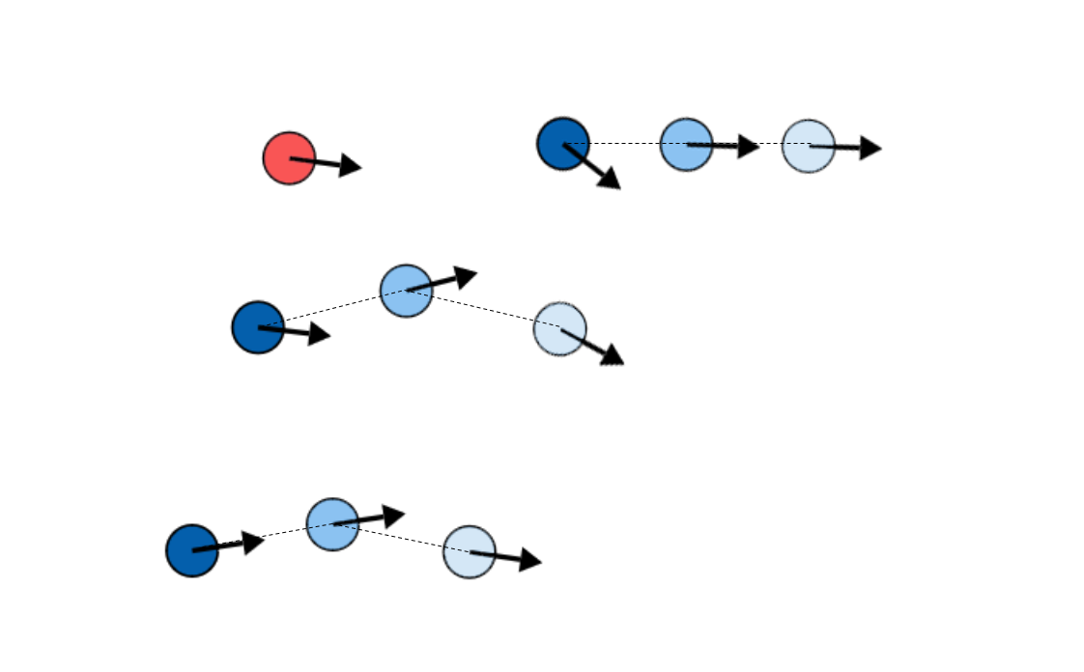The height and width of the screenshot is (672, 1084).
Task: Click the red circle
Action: point(289,158)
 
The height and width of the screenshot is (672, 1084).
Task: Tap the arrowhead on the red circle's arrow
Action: point(351,166)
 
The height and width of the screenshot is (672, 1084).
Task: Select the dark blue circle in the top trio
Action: point(563,144)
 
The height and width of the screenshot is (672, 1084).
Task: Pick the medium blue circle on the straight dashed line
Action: point(686,145)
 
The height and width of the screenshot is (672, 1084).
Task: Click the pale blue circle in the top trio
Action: point(809,147)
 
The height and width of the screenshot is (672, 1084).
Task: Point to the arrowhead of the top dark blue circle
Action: point(610,180)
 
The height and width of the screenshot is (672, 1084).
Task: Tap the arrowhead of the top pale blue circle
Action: point(870,148)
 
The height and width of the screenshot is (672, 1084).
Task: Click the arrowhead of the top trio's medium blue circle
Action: point(749,147)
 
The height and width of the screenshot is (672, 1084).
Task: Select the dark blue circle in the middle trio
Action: point(258,327)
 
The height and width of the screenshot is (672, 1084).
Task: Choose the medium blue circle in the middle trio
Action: point(406,290)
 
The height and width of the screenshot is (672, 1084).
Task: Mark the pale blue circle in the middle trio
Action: point(560,328)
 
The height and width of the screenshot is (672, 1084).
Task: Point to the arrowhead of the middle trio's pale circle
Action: point(613,356)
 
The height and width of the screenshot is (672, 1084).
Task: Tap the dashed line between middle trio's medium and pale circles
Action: point(483,309)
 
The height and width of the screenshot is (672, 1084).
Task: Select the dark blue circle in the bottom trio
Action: point(192,550)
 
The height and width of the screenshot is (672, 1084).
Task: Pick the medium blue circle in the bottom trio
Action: point(332,524)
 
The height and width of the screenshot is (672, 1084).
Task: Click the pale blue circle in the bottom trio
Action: point(470,552)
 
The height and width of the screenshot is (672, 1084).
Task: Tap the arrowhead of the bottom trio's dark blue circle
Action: point(253,542)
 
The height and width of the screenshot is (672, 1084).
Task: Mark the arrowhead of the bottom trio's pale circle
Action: point(530,560)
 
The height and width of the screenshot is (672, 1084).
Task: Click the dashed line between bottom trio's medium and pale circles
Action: point(401,538)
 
